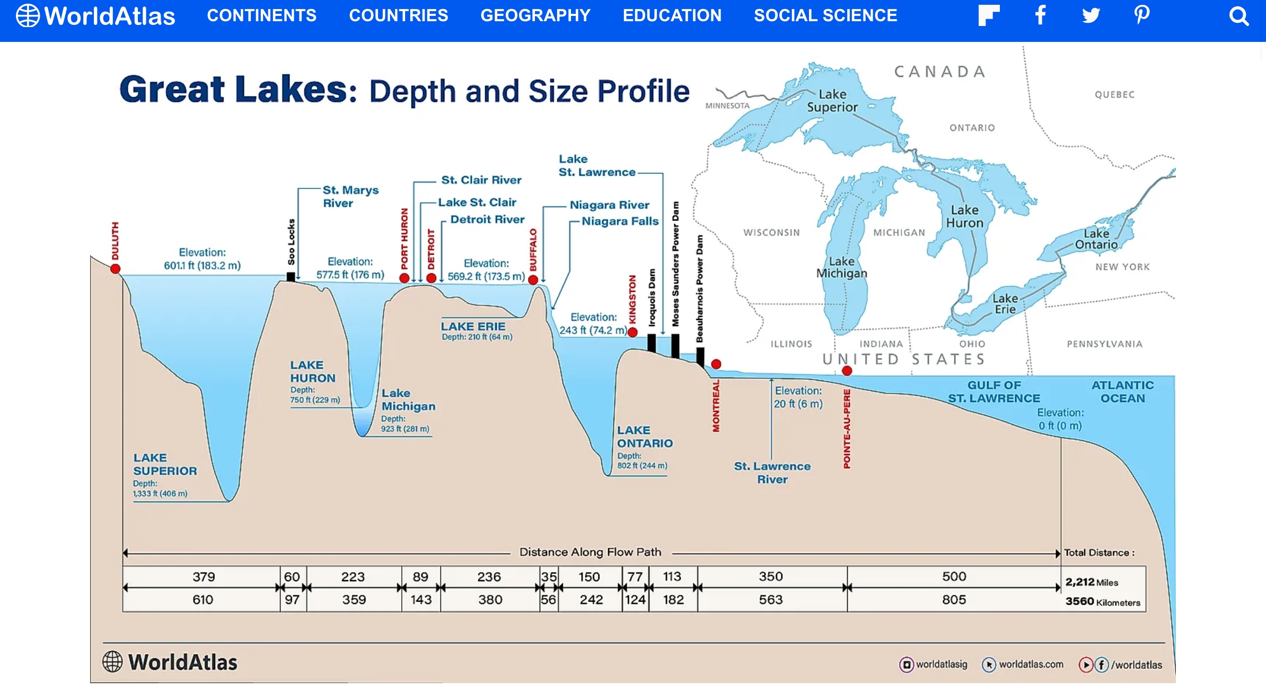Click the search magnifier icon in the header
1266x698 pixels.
(1238, 16)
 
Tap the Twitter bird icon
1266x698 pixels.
(1091, 15)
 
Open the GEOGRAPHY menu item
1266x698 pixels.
(535, 15)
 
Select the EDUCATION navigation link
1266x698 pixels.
(672, 15)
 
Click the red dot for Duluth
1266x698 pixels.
(115, 269)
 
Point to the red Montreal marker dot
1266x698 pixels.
(716, 364)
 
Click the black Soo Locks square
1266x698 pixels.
(291, 277)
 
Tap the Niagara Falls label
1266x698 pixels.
(620, 221)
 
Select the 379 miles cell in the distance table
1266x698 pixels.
(204, 577)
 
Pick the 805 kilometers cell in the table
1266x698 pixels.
(954, 600)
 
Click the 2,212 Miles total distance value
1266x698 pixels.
(1092, 582)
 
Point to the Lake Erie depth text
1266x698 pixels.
(477, 337)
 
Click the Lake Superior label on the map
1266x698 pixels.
(832, 101)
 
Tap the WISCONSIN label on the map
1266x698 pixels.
(771, 232)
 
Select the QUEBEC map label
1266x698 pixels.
(1115, 94)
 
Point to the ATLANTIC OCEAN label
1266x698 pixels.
(1122, 392)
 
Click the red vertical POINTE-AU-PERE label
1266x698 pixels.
(847, 429)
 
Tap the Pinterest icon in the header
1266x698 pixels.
(1142, 15)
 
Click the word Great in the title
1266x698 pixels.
(172, 89)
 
